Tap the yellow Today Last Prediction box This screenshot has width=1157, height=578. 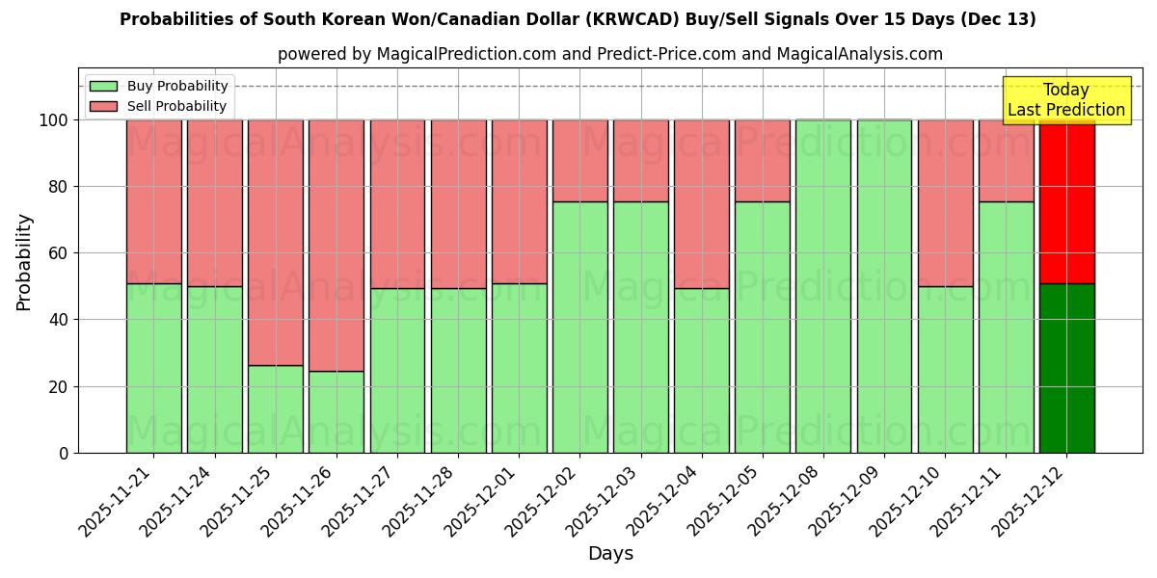1065,100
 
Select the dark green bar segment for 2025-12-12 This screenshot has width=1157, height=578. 1066,368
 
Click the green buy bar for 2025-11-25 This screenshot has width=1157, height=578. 276,408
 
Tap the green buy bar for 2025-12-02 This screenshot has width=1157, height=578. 580,327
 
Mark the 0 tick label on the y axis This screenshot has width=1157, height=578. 63,453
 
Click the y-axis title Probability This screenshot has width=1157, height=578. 24,262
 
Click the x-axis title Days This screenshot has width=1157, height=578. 610,554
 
